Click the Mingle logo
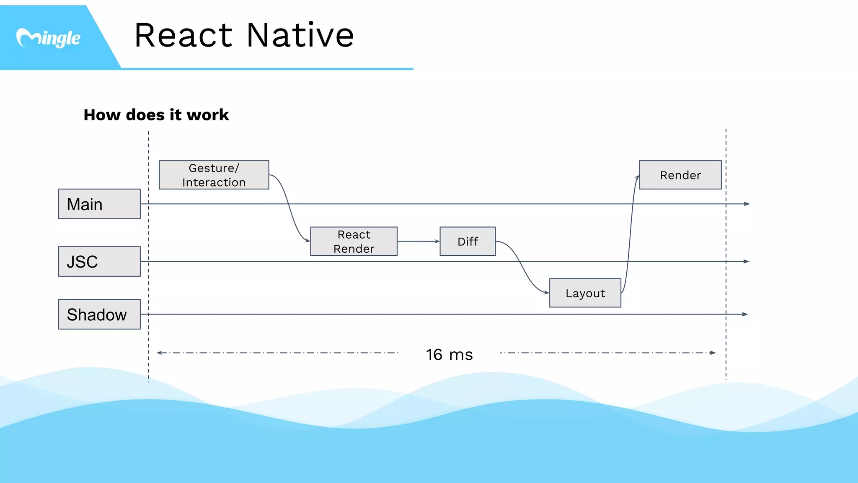(48, 38)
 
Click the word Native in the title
(300, 35)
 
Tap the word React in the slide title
(183, 35)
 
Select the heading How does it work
(156, 115)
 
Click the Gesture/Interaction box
(214, 175)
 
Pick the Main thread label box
(99, 204)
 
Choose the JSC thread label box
(99, 261)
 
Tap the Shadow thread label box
(99, 314)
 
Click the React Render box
(354, 241)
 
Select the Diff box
(468, 241)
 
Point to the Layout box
(585, 293)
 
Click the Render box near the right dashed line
(680, 175)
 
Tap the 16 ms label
(449, 355)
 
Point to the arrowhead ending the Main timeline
(747, 204)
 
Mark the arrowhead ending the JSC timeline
(746, 261)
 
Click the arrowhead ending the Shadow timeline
(745, 314)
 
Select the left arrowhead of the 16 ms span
(160, 353)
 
